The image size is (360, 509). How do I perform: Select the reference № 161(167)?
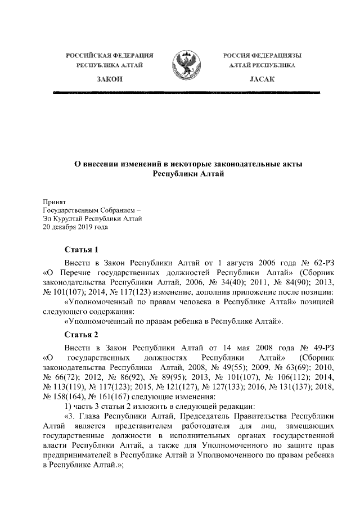100,396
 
